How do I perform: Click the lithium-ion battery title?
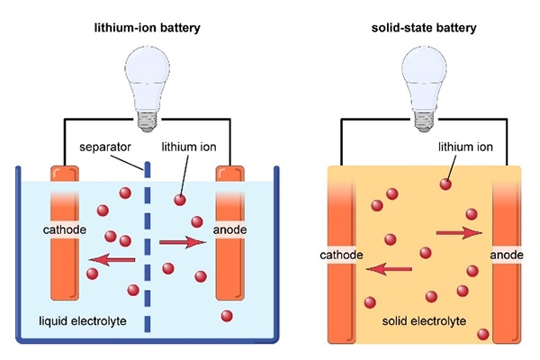tap(148, 28)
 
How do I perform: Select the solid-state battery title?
tap(422, 28)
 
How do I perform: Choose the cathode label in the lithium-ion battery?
tap(65, 230)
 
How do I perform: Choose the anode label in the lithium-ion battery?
tap(229, 230)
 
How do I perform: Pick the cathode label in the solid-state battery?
tap(341, 256)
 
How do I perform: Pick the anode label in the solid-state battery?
tap(506, 256)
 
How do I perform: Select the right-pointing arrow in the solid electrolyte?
tap(459, 233)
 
